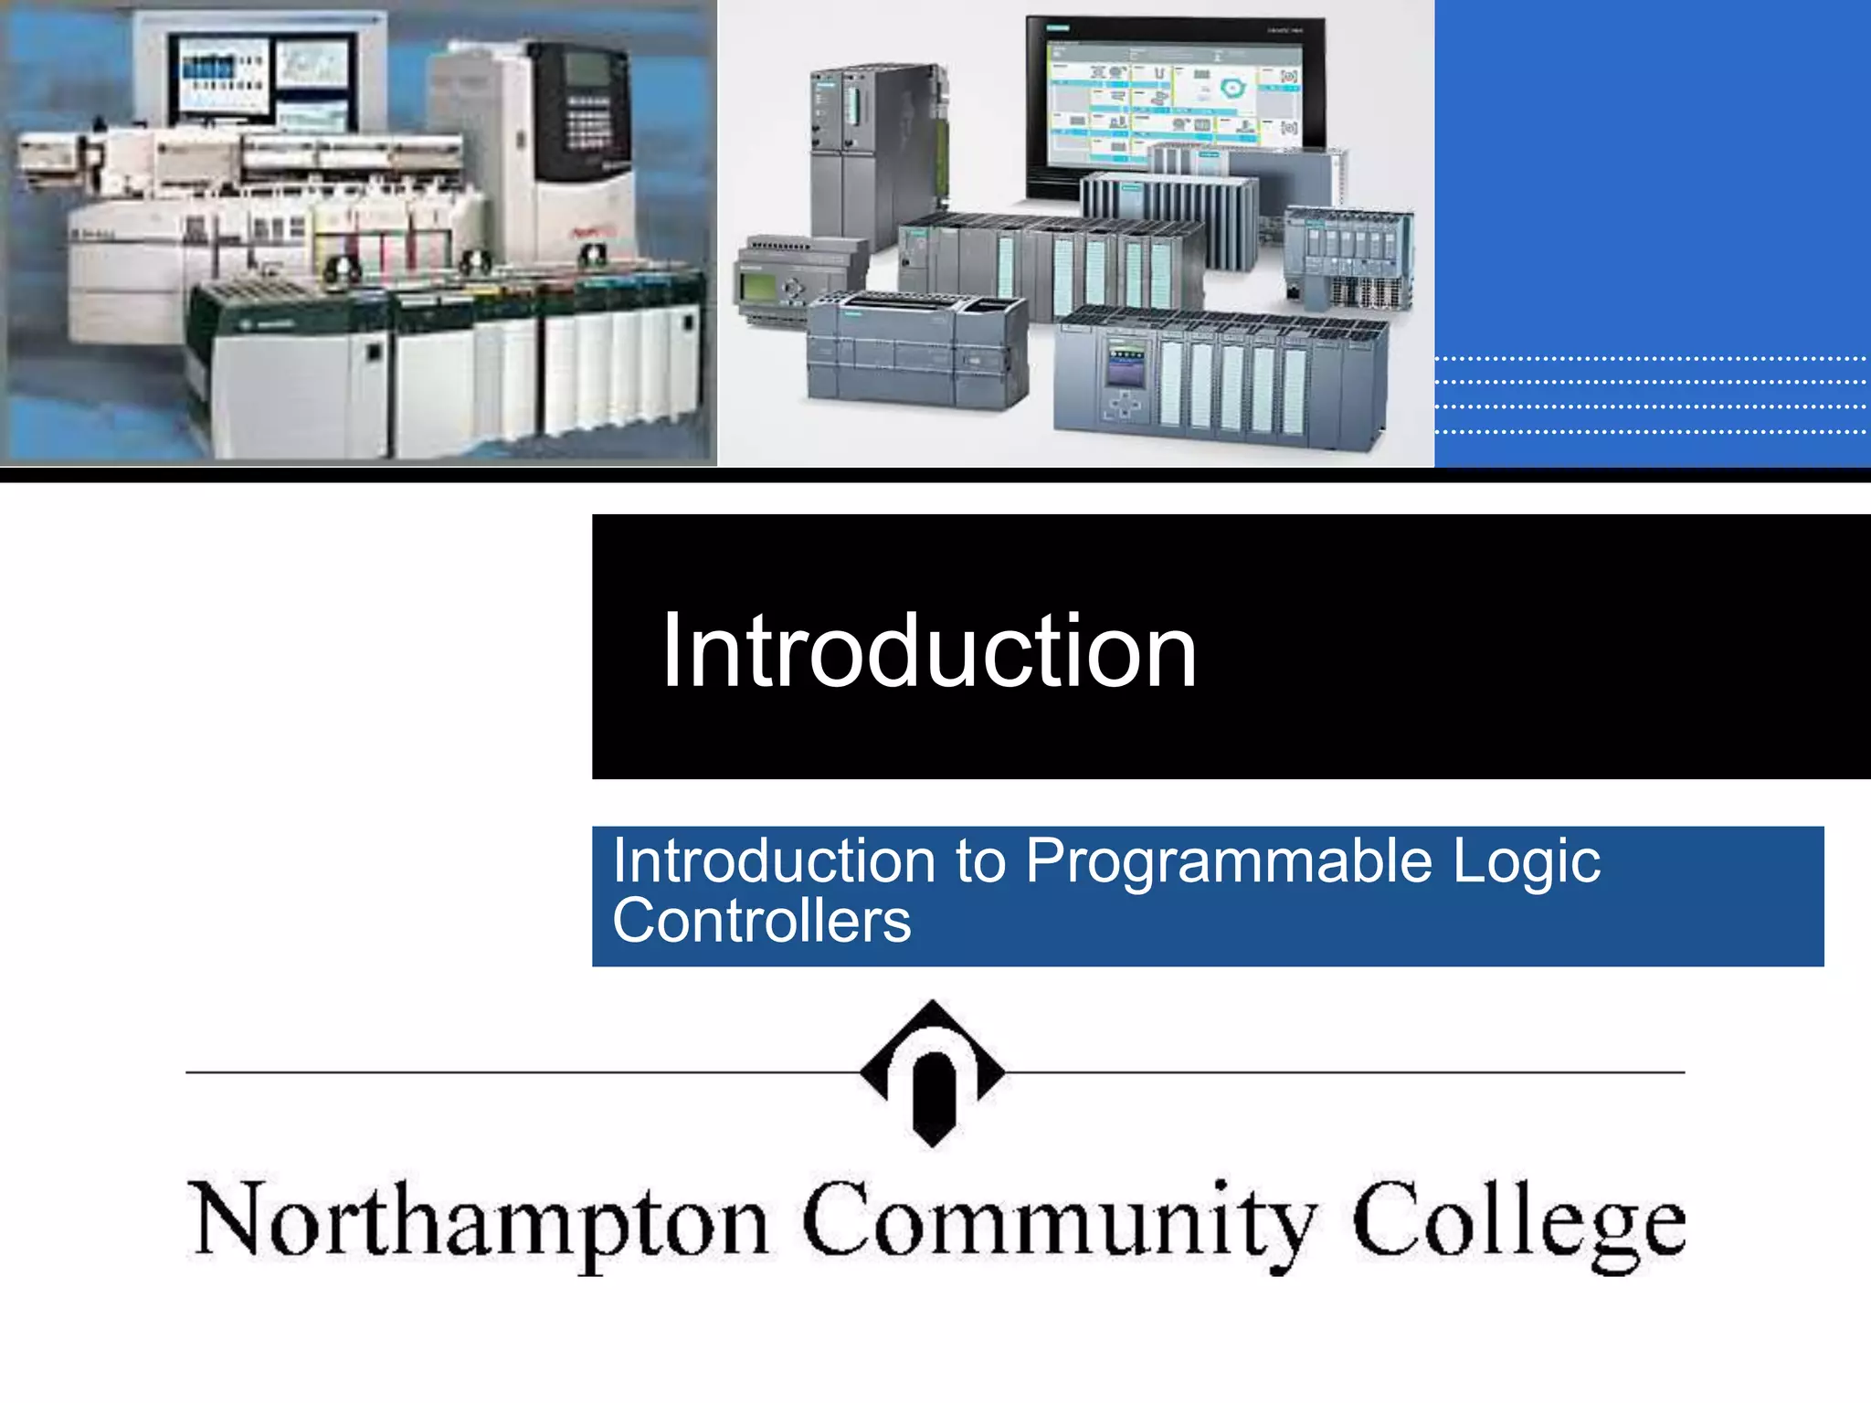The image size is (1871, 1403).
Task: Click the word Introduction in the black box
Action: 928,651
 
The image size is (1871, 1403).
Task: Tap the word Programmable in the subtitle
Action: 1228,861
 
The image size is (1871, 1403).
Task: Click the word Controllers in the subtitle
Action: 761,921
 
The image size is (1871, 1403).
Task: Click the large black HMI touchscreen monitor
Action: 1177,100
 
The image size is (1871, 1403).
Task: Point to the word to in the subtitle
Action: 980,861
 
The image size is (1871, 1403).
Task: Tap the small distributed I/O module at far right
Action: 1348,256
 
